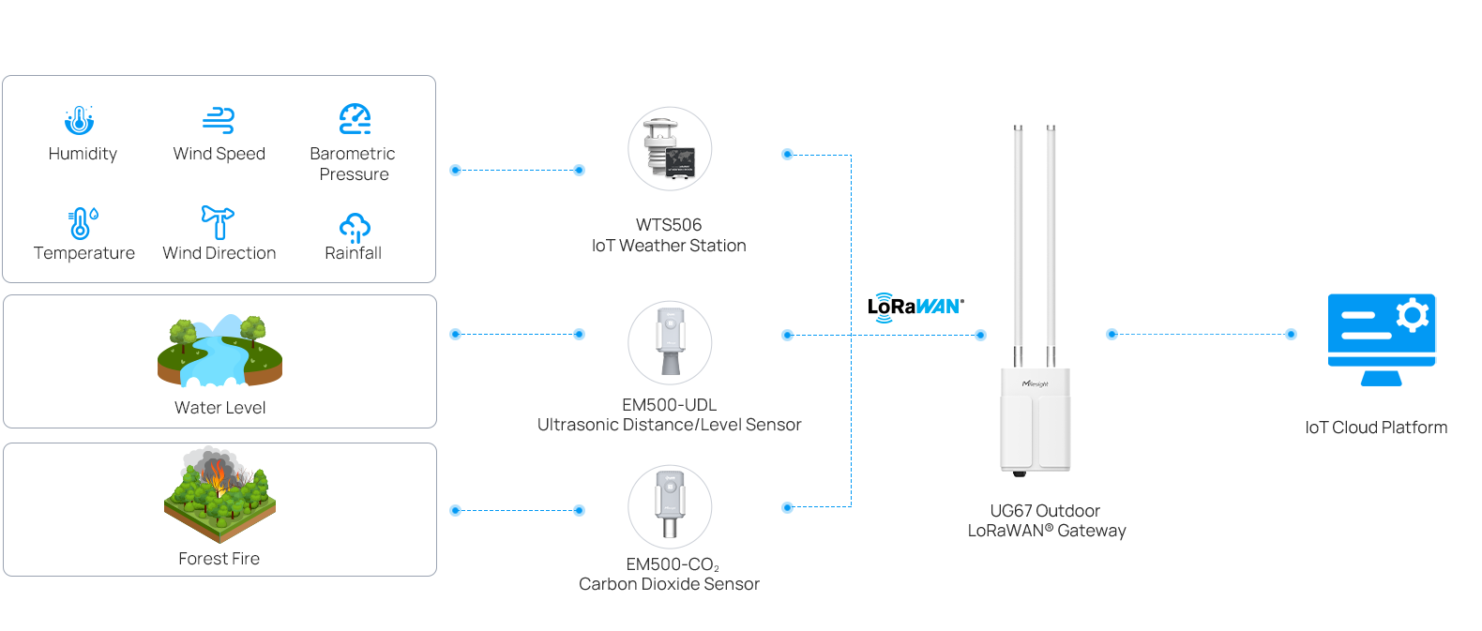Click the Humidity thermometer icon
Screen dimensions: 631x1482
tap(80, 120)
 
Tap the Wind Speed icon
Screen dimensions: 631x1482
tap(219, 120)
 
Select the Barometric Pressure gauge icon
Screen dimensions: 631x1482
tap(355, 119)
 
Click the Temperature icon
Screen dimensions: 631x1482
tap(83, 223)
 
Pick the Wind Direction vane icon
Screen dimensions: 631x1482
tap(218, 222)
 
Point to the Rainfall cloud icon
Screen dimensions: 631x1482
tap(355, 228)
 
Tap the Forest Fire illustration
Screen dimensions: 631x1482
tap(219, 495)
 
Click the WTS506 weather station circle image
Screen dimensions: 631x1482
tap(670, 149)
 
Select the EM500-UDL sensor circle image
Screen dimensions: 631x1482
tap(670, 342)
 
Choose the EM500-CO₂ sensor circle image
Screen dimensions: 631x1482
tap(670, 507)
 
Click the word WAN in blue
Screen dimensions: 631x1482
tap(936, 307)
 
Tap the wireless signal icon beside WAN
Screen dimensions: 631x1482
tap(884, 308)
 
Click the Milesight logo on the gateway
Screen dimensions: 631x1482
tap(1036, 383)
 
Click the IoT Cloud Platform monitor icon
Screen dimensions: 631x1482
tap(1382, 338)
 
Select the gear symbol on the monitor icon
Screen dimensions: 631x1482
tap(1412, 315)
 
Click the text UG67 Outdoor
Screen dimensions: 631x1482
tap(1045, 511)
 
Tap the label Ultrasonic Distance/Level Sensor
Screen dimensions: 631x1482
tap(669, 426)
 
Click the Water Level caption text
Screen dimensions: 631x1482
tap(219, 408)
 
